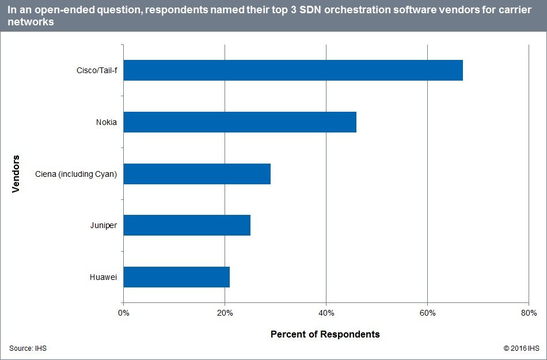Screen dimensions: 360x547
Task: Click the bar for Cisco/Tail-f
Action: pos(293,70)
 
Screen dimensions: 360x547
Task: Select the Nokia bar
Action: pos(240,122)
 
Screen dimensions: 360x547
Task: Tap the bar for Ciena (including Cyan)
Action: pos(197,173)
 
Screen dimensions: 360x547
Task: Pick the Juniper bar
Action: pos(187,225)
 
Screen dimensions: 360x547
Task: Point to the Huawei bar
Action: pos(177,277)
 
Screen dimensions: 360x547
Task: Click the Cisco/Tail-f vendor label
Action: pos(97,70)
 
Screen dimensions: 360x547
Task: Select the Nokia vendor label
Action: pos(107,122)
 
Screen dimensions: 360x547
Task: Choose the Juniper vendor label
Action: pos(104,225)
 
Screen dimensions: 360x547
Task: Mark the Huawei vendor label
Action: pos(104,277)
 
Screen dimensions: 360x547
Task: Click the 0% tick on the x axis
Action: pos(123,313)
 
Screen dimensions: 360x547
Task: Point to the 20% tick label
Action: pos(225,313)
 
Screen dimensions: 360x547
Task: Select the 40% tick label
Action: pos(326,313)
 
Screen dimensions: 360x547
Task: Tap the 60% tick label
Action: pos(427,313)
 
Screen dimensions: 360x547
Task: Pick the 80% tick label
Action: pos(529,313)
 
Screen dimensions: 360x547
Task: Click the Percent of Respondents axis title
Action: pos(325,334)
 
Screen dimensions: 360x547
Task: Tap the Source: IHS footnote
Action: pos(28,348)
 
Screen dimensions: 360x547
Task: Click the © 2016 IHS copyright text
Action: pos(521,348)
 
